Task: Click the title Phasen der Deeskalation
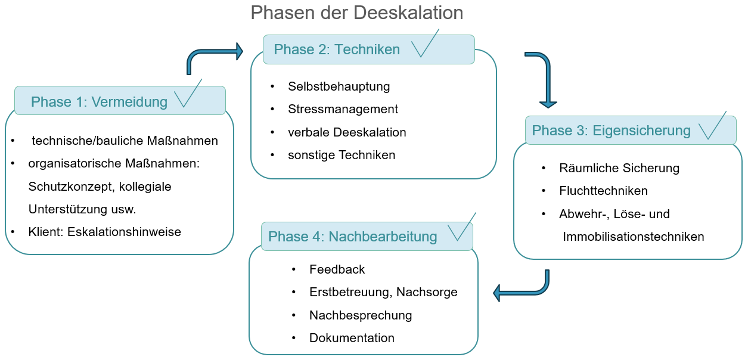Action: tap(356, 13)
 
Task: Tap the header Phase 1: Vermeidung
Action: tap(99, 102)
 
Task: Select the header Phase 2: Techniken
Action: tap(337, 49)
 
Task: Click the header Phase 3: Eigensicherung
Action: tap(611, 131)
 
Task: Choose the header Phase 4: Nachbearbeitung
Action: tap(352, 237)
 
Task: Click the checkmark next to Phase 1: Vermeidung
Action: tap(188, 94)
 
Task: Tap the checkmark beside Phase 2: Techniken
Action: tap(425, 44)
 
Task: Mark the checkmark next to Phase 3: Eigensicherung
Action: tap(712, 126)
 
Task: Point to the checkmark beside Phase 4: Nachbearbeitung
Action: tap(461, 227)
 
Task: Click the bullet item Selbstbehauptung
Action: tap(339, 86)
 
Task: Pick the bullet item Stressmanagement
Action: tap(343, 109)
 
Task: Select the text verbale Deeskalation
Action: tap(347, 132)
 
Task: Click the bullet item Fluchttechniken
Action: tap(603, 191)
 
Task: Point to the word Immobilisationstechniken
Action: tap(634, 237)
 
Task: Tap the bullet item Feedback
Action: tap(337, 269)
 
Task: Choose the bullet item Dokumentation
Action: tap(352, 338)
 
